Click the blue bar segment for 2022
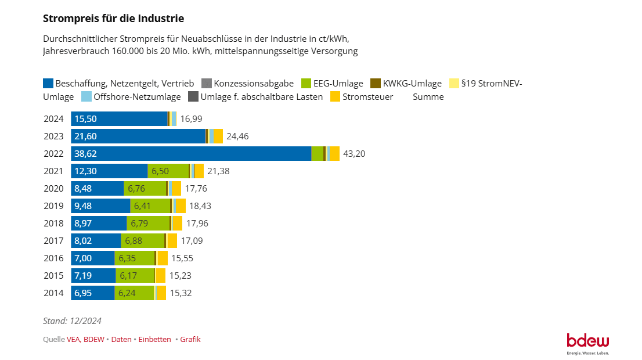click(191, 154)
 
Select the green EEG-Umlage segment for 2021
click(168, 171)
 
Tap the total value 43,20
click(354, 154)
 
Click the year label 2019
click(53, 206)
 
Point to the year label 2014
click(53, 293)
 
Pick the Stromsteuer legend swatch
click(336, 96)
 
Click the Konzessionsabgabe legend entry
click(248, 84)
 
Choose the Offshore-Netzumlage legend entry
click(131, 96)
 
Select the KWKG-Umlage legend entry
click(406, 84)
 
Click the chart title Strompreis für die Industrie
click(113, 19)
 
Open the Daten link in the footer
click(121, 340)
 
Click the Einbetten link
click(155, 340)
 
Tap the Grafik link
click(190, 340)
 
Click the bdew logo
click(588, 344)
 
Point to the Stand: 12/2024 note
click(72, 321)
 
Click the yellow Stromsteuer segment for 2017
click(172, 241)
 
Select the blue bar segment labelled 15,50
click(119, 119)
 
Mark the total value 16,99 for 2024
click(191, 119)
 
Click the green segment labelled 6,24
click(134, 293)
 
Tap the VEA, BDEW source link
click(85, 340)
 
